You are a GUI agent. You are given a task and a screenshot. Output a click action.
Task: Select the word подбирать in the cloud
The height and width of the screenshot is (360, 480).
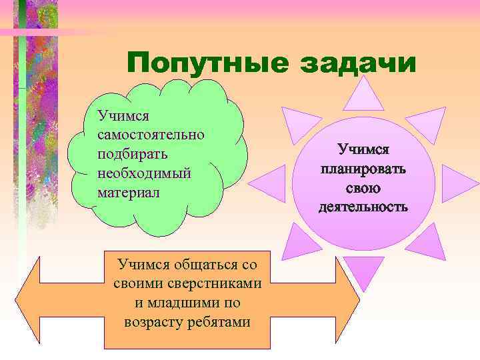point(132,153)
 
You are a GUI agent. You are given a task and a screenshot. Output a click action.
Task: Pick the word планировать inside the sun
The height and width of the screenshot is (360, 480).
point(363,169)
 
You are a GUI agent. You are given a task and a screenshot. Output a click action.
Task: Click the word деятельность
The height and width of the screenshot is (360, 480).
point(363,207)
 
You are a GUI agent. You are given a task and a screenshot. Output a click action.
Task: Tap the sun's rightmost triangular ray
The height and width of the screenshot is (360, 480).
point(457,181)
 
